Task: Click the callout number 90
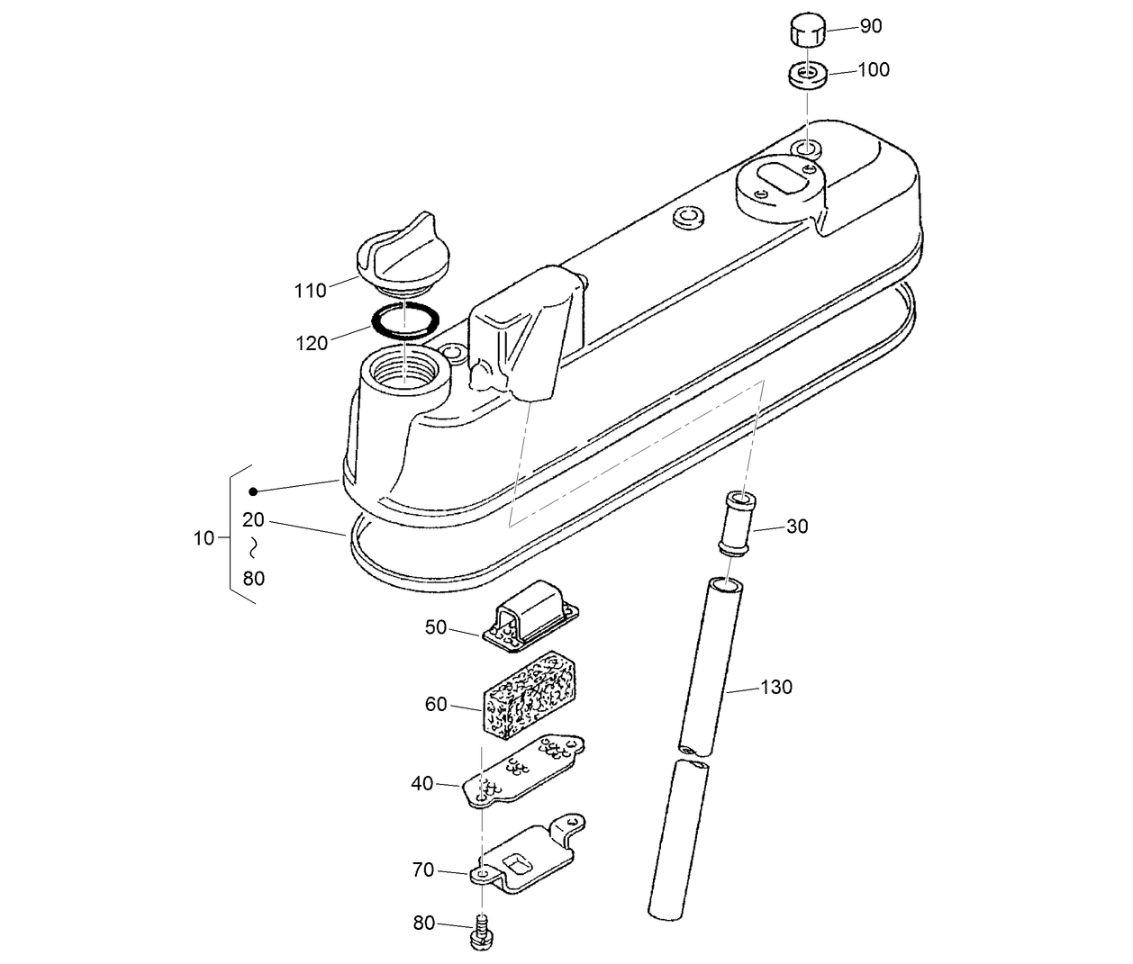coord(871,26)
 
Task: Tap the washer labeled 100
coord(808,74)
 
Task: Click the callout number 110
coord(310,291)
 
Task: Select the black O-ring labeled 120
coord(405,320)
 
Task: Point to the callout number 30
coord(797,527)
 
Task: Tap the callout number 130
coord(776,688)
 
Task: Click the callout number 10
coord(204,538)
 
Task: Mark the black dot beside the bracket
coord(254,491)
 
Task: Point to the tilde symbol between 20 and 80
coord(254,548)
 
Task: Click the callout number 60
coord(436,704)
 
